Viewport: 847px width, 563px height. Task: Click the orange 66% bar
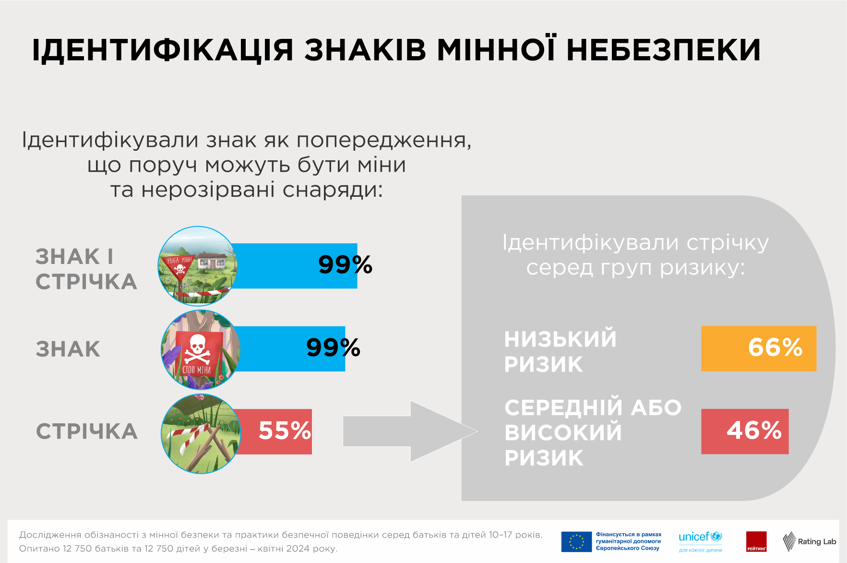(x=758, y=348)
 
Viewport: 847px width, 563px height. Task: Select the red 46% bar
(x=744, y=431)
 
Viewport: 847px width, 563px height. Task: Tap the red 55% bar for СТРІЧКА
(x=276, y=431)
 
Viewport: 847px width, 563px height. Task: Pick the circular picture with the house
(x=198, y=266)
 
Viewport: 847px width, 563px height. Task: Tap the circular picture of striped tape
(x=201, y=433)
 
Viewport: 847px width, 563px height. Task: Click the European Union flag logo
(x=576, y=541)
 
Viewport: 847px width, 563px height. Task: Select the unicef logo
(x=700, y=541)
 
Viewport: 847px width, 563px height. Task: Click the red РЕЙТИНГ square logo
(x=756, y=541)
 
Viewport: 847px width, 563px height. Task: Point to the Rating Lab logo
(x=809, y=541)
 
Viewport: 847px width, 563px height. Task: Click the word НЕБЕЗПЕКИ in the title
(x=664, y=50)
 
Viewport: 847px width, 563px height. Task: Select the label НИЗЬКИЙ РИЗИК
(x=560, y=351)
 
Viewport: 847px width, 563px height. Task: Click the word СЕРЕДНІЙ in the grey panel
(x=563, y=408)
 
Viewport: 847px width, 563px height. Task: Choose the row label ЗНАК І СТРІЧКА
(x=86, y=269)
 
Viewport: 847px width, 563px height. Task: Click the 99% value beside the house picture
(x=345, y=265)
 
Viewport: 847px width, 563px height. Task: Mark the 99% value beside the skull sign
(x=333, y=348)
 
